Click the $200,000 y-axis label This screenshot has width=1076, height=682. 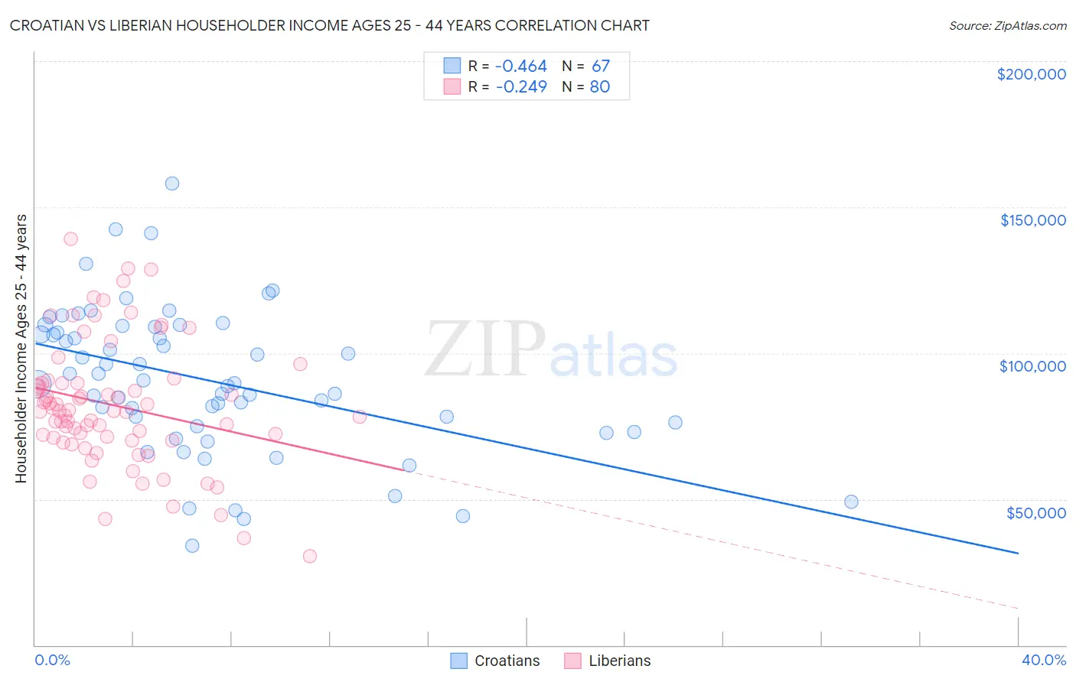(x=1031, y=74)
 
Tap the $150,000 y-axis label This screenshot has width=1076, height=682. (x=1032, y=220)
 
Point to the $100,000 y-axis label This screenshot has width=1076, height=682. (x=1032, y=366)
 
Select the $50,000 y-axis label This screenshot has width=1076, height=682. (x=1035, y=512)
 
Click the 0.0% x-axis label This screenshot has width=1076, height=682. (x=52, y=660)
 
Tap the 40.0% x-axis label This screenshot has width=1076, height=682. (x=1043, y=660)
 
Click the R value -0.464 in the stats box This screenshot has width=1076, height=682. (x=520, y=67)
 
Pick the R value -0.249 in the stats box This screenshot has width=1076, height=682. (x=520, y=87)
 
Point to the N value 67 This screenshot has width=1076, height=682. (x=600, y=67)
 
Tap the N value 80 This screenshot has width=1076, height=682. (x=599, y=87)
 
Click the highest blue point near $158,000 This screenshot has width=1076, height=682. (x=172, y=183)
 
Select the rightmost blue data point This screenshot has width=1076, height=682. (x=851, y=502)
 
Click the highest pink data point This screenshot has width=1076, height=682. (x=70, y=239)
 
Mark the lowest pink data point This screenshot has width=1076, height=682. (x=310, y=556)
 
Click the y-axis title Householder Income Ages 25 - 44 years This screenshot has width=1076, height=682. (x=21, y=349)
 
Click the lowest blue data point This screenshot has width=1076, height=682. (x=192, y=546)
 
